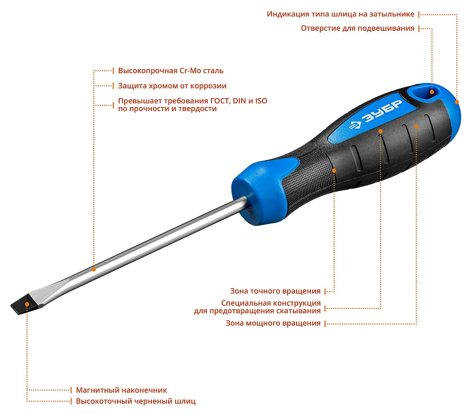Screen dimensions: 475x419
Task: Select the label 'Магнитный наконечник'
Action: [x=122, y=390]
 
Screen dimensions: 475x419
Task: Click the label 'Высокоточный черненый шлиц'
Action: [x=136, y=401]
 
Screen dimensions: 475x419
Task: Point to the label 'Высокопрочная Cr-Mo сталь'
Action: [x=171, y=71]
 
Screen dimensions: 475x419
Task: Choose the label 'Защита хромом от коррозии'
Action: [x=172, y=86]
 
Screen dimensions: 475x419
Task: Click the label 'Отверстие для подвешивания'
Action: [x=358, y=29]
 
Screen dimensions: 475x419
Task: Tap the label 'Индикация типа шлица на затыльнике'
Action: [x=340, y=14]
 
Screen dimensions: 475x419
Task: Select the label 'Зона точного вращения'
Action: [x=275, y=291]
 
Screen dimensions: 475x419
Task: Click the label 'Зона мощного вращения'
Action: [x=273, y=323]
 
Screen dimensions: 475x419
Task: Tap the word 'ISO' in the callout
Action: [x=261, y=101]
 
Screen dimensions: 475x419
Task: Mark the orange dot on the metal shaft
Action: [x=94, y=269]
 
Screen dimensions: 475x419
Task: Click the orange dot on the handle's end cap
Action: [x=457, y=102]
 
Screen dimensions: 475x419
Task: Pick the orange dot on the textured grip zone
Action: [x=334, y=171]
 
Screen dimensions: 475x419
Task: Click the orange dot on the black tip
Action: [x=27, y=304]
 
